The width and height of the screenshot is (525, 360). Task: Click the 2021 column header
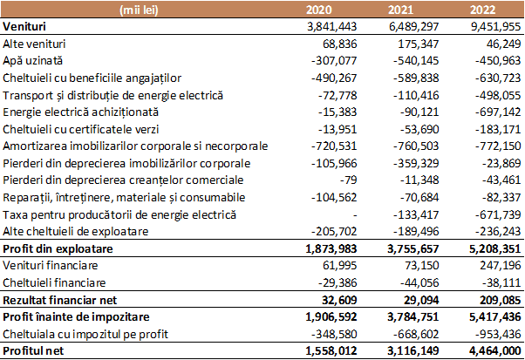click(401, 10)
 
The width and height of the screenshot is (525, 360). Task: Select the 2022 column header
click(482, 10)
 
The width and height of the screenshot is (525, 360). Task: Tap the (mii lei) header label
click(139, 10)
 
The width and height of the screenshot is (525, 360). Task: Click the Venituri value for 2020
click(331, 26)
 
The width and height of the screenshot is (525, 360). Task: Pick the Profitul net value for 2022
click(494, 350)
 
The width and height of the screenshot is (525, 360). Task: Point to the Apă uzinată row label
click(33, 60)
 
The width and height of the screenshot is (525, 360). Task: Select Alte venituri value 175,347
click(419, 44)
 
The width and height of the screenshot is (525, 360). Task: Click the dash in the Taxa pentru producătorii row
click(355, 215)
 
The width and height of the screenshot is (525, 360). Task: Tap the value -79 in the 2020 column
click(349, 180)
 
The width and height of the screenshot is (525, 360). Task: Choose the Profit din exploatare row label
click(58, 249)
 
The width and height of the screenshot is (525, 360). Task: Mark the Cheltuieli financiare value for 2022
click(501, 282)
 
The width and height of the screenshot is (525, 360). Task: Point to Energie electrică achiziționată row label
click(81, 112)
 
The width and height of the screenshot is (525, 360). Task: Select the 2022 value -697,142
click(498, 112)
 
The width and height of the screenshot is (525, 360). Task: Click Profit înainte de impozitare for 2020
click(331, 316)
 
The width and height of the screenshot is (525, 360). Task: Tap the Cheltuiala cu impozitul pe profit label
click(85, 334)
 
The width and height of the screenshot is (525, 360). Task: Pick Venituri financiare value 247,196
click(501, 265)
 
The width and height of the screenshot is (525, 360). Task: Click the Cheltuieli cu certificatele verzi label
click(81, 130)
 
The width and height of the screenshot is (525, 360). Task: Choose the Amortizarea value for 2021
click(416, 146)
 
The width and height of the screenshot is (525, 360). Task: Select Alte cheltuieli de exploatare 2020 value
click(334, 231)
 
